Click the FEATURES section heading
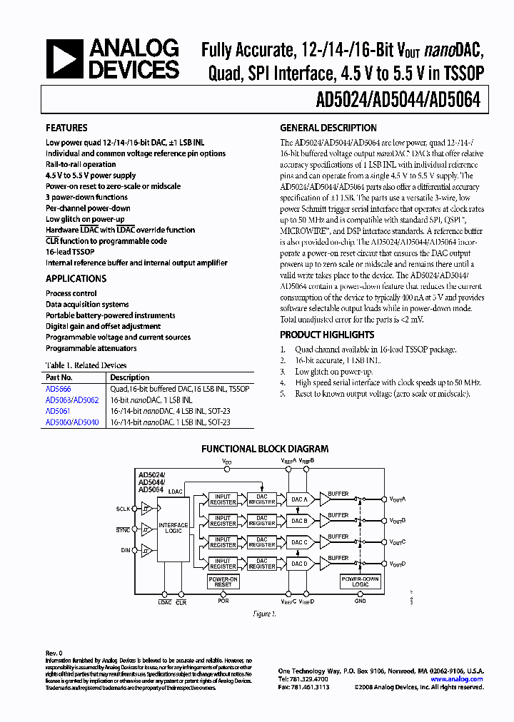coord(67,128)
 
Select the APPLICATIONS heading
coord(76,279)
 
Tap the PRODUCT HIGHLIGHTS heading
coord(327,335)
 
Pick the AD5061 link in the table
coord(57,411)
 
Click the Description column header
coord(130,377)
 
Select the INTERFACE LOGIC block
coord(173,529)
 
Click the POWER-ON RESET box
coord(223,582)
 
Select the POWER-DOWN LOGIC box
coord(360,582)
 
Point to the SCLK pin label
coord(124,509)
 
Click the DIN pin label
coord(126,550)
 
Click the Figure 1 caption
coord(265,614)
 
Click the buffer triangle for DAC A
coord(326,500)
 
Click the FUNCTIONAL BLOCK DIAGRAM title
coord(265,449)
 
